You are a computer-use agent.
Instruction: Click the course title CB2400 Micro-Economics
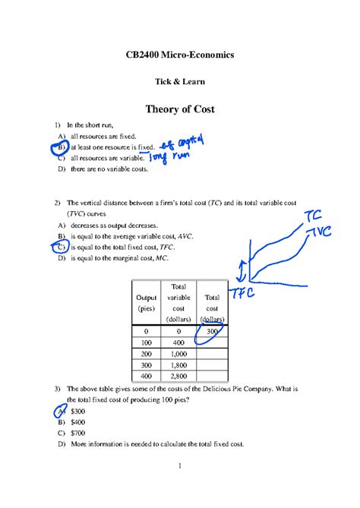pos(179,55)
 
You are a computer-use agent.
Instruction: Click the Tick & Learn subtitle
pos(179,81)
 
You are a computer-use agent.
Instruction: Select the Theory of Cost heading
pos(179,109)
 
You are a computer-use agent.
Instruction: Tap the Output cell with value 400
pos(146,376)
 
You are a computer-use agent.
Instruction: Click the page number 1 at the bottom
pos(179,487)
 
